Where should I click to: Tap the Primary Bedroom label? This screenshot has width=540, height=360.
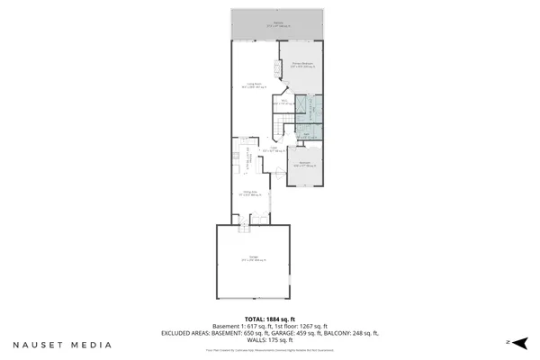click(302, 65)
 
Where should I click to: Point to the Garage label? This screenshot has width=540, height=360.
click(253, 258)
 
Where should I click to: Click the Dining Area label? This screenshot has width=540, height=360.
click(252, 192)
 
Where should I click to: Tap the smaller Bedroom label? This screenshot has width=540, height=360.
click(304, 164)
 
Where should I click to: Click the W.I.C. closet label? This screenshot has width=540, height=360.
click(280, 103)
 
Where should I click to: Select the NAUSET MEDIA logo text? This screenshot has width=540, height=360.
click(62, 345)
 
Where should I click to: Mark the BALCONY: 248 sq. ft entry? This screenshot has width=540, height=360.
click(351, 333)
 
